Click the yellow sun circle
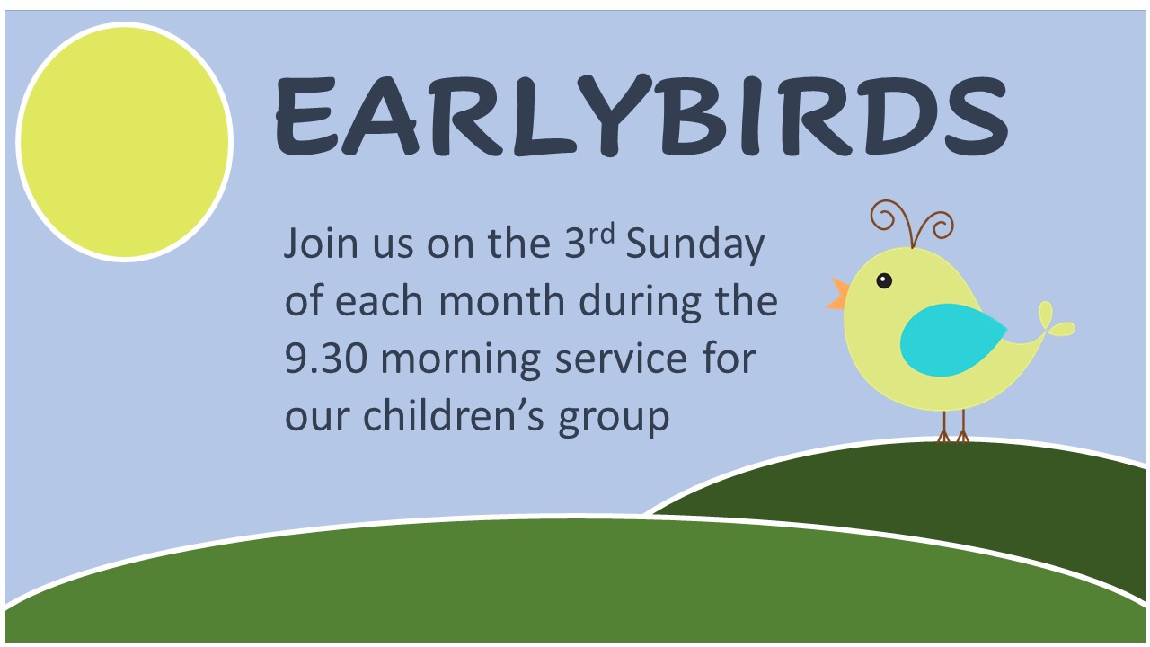tap(125, 142)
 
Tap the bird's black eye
tap(883, 281)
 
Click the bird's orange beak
tap(838, 295)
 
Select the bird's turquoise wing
tap(952, 340)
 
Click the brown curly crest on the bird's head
tap(912, 223)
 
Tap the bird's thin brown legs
tap(953, 426)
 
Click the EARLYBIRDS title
tap(641, 115)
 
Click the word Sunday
tap(695, 245)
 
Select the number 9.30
tap(326, 358)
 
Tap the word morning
tap(461, 360)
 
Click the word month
tap(501, 300)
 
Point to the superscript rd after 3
tap(601, 235)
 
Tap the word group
tap(614, 419)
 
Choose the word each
tap(379, 300)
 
